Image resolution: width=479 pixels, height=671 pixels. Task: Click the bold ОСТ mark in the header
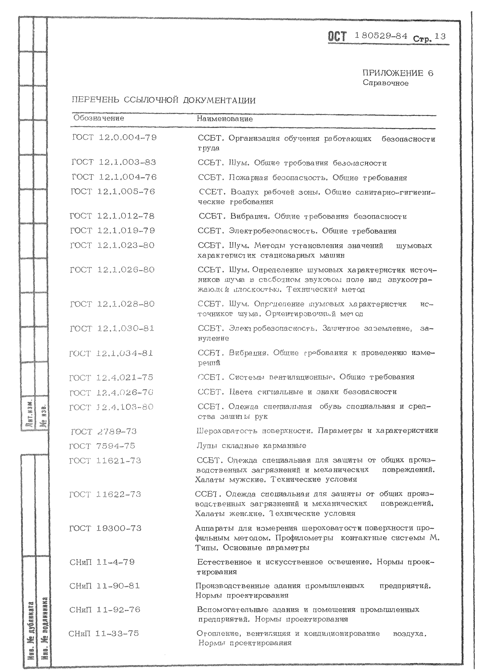point(337,37)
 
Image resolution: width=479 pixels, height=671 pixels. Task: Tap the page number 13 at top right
point(440,37)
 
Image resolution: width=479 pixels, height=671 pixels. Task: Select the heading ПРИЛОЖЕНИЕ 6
point(398,73)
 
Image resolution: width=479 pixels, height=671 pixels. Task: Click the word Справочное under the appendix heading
point(385,83)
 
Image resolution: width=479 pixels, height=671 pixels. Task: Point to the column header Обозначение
point(99,118)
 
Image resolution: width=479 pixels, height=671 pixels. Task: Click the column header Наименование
point(225,119)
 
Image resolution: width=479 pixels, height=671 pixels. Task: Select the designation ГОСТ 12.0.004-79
point(114,138)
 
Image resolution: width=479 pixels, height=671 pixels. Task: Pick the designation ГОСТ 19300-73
point(105,528)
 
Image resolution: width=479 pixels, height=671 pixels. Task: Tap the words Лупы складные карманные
point(251,446)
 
